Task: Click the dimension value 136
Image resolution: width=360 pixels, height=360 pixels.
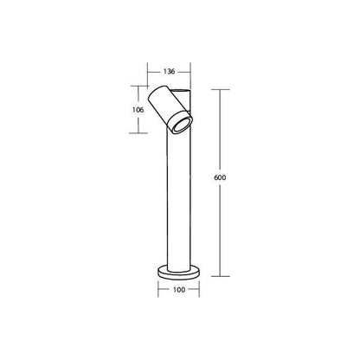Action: pyautogui.click(x=170, y=71)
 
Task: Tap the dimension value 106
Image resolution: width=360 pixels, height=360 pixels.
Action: pyautogui.click(x=138, y=110)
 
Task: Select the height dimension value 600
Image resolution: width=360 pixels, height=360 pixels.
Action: pyautogui.click(x=220, y=177)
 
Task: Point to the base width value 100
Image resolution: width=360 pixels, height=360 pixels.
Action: pyautogui.click(x=179, y=290)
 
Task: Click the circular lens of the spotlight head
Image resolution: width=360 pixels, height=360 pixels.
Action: pyautogui.click(x=182, y=125)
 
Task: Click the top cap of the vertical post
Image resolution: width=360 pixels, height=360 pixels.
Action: pyautogui.click(x=181, y=91)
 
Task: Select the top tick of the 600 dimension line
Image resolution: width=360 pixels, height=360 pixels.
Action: pyautogui.click(x=221, y=89)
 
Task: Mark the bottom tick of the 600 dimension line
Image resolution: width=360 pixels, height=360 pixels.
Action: pyautogui.click(x=221, y=276)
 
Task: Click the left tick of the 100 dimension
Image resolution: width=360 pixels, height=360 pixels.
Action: pyautogui.click(x=158, y=289)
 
